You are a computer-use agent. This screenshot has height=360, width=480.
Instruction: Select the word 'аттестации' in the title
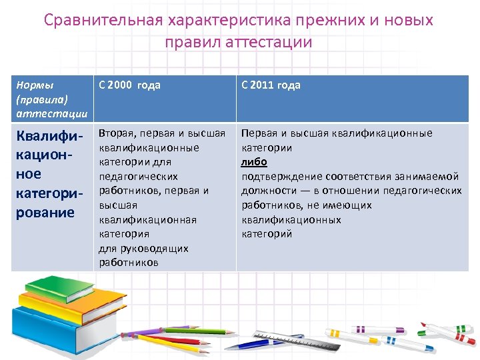pos(269,43)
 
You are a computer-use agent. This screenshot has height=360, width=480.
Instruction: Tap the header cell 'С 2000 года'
pos(129,85)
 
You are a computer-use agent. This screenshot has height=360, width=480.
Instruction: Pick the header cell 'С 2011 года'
pos(271,85)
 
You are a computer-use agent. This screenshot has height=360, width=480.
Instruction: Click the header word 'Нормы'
pos(35,85)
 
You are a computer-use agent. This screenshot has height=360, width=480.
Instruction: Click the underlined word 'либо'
pos(254,162)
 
